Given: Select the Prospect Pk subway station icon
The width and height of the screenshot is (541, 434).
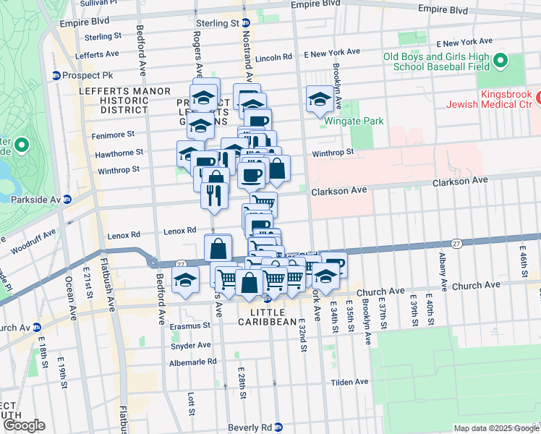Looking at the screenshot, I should (56, 75).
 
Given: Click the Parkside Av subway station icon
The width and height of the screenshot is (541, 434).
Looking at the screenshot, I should (67, 199).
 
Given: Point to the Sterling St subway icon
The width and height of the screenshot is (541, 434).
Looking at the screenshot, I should (246, 23).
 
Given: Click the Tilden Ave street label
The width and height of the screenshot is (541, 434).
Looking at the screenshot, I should (349, 382).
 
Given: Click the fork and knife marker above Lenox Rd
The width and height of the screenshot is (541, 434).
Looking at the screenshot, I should (215, 195).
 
